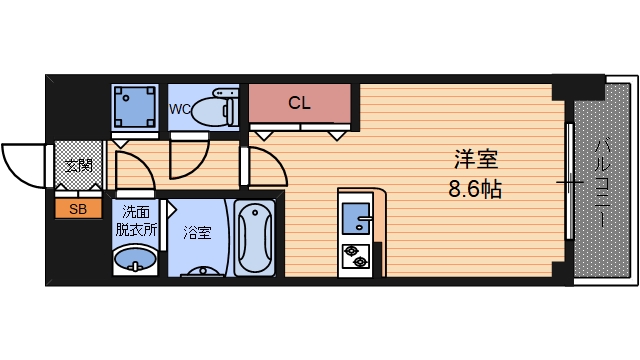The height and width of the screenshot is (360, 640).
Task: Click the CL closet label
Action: click(299, 102)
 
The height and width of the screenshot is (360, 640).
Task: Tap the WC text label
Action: click(180, 108)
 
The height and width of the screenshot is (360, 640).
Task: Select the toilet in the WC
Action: click(213, 107)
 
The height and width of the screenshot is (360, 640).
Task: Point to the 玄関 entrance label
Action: click(77, 165)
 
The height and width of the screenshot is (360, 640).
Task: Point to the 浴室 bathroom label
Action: click(197, 234)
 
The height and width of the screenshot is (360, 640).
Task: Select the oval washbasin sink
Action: click(136, 261)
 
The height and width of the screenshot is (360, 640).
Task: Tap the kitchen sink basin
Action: click(356, 218)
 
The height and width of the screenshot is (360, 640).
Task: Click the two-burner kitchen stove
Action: click(356, 258)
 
